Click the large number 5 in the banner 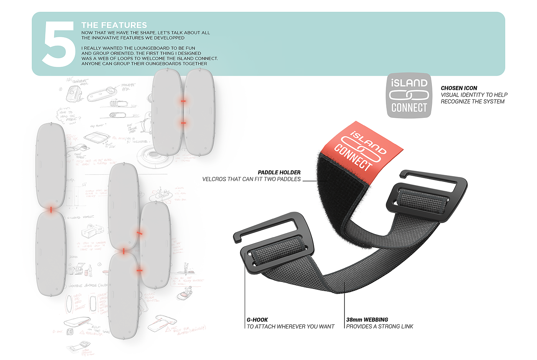click(58, 43)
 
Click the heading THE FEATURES click(114, 25)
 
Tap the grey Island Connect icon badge click(409, 95)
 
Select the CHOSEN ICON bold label click(459, 88)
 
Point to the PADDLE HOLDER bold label click(279, 172)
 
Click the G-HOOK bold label click(257, 319)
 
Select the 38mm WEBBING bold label click(367, 319)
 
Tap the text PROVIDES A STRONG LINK click(380, 326)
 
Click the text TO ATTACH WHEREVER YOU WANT click(290, 326)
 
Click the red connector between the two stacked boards click(51, 209)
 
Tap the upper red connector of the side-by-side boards click(183, 101)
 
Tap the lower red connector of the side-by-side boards click(183, 123)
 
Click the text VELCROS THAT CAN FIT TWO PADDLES click(251, 179)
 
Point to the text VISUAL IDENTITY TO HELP click(474, 95)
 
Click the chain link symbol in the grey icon click(409, 95)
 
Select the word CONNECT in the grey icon click(409, 108)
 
